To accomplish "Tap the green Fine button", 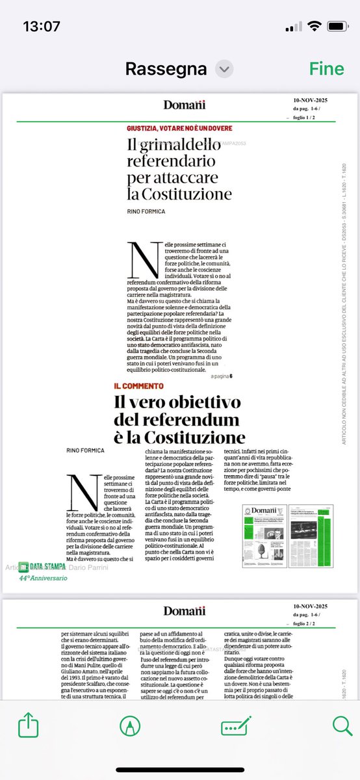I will click(327, 68).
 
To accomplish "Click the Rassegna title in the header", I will click(166, 68).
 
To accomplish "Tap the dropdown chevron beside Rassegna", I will click(224, 68).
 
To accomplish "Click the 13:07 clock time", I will click(41, 27).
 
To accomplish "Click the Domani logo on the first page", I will click(184, 105).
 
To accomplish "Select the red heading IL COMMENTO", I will click(139, 386).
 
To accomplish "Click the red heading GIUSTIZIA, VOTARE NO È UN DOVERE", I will click(179, 128).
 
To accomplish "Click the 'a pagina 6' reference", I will click(221, 375).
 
